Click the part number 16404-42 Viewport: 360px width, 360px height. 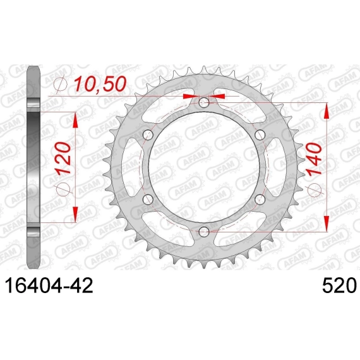[x=49, y=285]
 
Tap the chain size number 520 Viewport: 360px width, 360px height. [x=340, y=285]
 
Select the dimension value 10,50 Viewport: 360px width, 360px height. [x=100, y=84]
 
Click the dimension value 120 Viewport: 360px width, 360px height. [x=63, y=159]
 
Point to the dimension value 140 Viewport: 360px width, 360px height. [x=314, y=160]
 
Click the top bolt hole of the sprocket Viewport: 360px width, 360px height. [x=203, y=102]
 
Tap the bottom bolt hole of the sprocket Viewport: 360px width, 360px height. [x=203, y=232]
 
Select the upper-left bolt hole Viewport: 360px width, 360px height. [x=148, y=135]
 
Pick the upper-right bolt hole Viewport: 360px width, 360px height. [x=260, y=135]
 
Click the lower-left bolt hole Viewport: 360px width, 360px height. [x=148, y=200]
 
